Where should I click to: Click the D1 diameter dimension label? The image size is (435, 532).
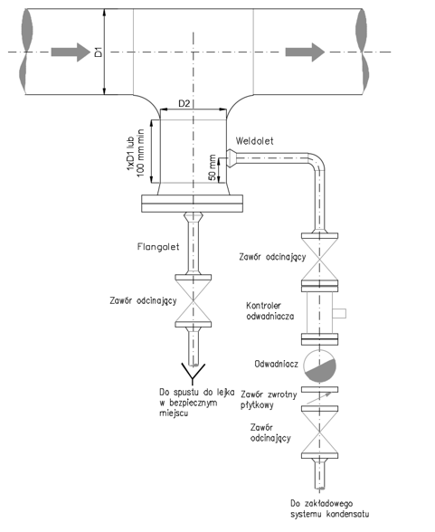99,52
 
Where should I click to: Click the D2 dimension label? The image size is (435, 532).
184,103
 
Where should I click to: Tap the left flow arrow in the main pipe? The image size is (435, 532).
71,52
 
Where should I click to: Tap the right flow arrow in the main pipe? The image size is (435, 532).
305,52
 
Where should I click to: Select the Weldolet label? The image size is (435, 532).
254,141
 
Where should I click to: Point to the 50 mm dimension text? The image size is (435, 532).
213,167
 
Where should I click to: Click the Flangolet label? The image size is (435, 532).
158,246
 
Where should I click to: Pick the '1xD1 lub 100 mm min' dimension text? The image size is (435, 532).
136,153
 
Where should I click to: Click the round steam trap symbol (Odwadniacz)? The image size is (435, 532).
319,366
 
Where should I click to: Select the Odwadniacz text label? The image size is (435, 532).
277,364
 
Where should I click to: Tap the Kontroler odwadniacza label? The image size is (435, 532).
270,311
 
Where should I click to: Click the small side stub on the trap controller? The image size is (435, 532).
339,313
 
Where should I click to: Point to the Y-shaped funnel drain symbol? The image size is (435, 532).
194,372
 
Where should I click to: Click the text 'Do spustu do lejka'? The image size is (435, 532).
196,393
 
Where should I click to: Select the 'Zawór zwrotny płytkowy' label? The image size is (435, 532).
269,400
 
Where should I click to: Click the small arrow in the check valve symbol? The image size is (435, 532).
318,397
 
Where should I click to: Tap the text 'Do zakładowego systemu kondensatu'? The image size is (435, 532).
329,508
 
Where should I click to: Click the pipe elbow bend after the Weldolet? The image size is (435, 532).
319,162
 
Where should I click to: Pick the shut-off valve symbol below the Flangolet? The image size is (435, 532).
194,301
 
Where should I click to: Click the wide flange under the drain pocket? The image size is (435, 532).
193,204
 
